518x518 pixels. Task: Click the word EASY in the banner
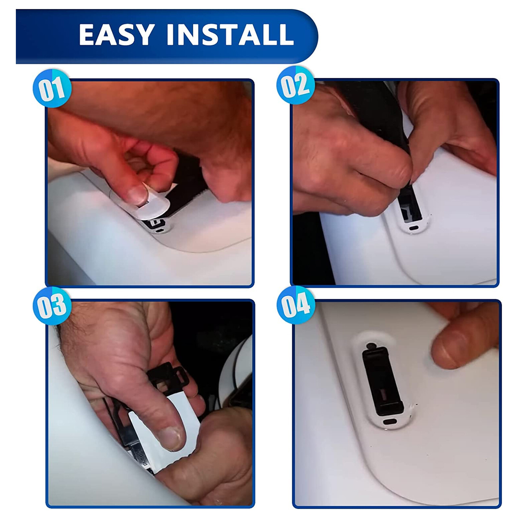point(116,34)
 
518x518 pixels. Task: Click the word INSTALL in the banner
point(230,34)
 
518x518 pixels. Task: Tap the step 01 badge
point(52,88)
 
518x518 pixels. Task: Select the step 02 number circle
point(296,85)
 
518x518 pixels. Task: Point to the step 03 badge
point(52,306)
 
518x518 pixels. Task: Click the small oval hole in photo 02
point(414,228)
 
